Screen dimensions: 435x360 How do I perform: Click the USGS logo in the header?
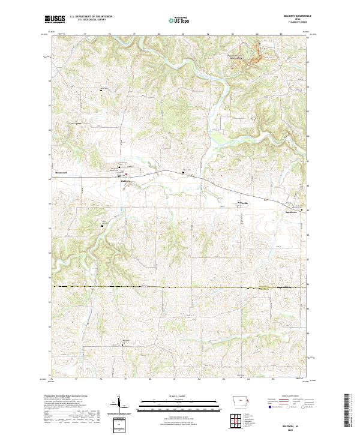(55, 20)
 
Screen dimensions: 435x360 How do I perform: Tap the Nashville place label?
(248, 203)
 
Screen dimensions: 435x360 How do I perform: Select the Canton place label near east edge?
(292, 211)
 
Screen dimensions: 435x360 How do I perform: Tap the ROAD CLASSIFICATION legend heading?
(290, 397)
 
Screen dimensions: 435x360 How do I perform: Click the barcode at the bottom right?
(346, 409)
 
